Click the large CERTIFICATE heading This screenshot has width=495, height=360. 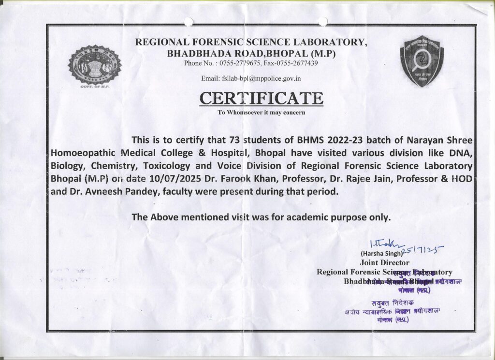point(262,98)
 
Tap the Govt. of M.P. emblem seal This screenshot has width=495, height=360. point(95,65)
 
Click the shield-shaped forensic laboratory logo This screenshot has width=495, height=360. point(422,61)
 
